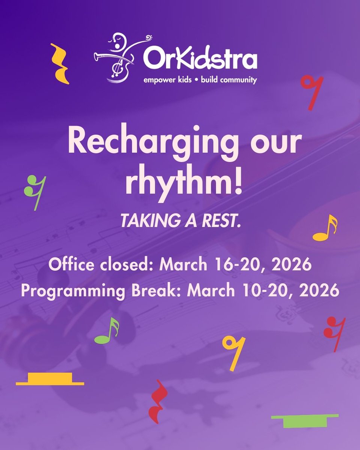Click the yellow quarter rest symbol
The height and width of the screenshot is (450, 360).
(x=60, y=64)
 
